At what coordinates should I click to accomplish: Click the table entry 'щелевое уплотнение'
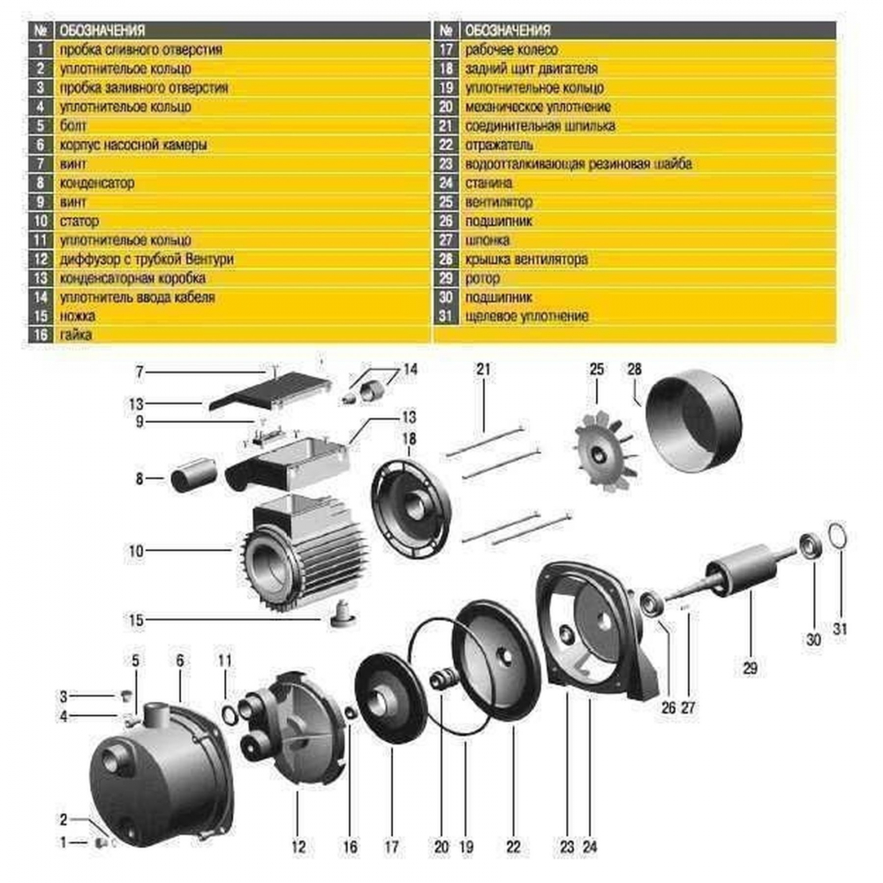pos(526,315)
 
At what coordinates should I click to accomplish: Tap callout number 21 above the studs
pos(482,370)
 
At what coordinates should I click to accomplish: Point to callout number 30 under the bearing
pos(813,638)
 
